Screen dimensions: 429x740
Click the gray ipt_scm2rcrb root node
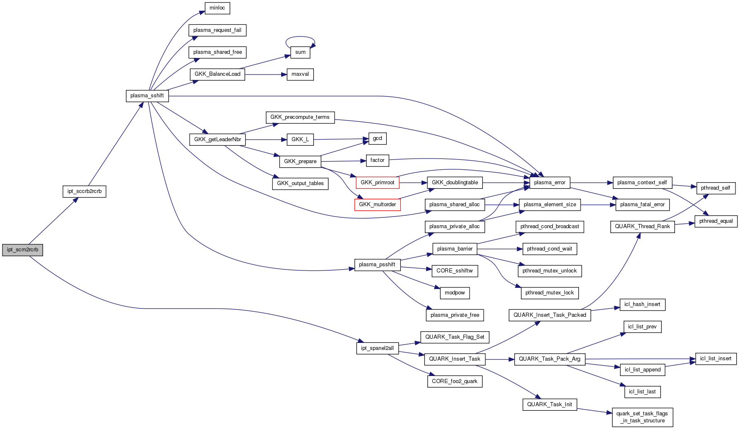(22, 250)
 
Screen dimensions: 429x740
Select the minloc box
(217, 8)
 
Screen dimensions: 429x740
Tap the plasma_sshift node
(147, 96)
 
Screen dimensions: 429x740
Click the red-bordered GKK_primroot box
(377, 183)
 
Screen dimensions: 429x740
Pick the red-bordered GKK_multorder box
(377, 205)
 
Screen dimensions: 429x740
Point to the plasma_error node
(550, 183)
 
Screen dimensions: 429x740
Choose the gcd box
(377, 138)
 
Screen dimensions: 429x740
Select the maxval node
(300, 75)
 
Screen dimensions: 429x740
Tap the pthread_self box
(716, 188)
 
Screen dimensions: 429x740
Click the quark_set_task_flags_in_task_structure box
(642, 417)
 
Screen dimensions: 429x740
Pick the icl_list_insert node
(716, 359)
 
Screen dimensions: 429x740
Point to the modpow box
(455, 293)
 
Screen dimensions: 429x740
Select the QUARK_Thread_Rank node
(642, 227)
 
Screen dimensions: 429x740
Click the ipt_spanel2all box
(377, 348)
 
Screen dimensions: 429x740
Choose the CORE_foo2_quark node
(455, 381)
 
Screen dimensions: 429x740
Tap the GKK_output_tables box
(300, 183)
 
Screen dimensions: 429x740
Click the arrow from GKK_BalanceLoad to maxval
(265, 75)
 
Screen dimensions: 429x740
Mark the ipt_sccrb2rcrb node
(84, 191)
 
